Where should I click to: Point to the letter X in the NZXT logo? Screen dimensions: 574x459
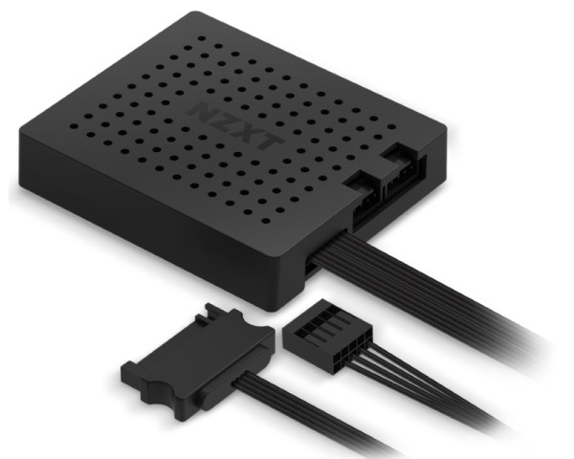coord(247,132)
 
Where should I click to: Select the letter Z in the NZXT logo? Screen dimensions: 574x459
coord(224,121)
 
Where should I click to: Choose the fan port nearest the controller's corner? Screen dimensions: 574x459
coord(403,164)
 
